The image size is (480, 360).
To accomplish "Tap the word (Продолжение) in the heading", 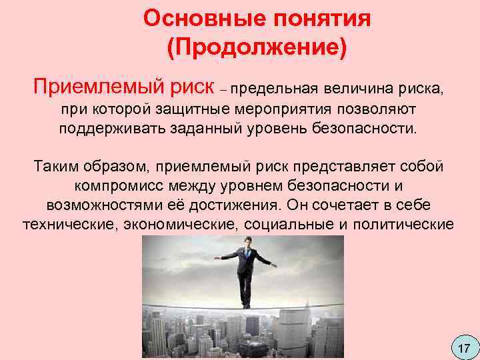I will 257,48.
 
